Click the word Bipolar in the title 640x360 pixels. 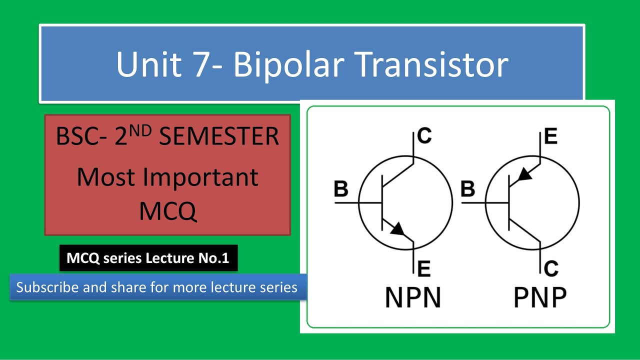point(281,65)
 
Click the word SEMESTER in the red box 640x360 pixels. point(219,136)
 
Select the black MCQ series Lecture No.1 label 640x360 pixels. point(148,258)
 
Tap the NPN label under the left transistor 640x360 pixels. point(413,297)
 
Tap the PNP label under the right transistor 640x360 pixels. point(540,297)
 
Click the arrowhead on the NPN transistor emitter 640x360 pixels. point(397,229)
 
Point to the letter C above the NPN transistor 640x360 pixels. point(424,136)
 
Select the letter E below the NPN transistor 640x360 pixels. point(423,269)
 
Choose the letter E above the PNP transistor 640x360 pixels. point(550,136)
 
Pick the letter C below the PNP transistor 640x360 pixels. point(551,269)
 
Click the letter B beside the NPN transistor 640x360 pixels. point(341,189)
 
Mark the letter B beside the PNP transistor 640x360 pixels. point(468,189)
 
